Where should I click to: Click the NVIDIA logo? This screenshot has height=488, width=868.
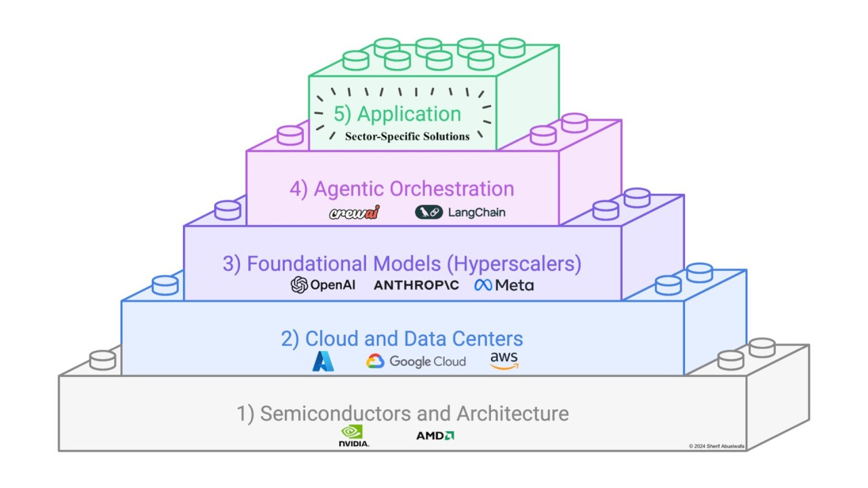click(x=354, y=436)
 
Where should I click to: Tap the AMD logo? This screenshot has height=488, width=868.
click(x=435, y=435)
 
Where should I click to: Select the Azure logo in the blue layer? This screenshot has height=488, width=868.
click(x=323, y=361)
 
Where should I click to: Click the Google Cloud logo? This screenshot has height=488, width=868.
click(x=416, y=361)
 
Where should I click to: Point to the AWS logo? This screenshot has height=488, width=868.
click(x=504, y=361)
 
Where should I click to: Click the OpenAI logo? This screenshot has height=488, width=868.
click(x=323, y=285)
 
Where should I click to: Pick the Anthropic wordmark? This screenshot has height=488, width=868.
click(x=416, y=285)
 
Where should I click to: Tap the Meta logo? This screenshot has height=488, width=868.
click(x=504, y=285)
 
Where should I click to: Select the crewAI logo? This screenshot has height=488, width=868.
click(x=355, y=213)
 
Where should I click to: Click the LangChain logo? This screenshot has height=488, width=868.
click(x=460, y=212)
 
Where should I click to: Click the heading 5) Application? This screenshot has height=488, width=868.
click(x=397, y=113)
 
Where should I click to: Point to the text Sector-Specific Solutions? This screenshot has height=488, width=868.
click(x=407, y=136)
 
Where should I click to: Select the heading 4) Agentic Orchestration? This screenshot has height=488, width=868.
click(x=401, y=188)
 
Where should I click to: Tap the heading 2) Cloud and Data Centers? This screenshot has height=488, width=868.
click(x=402, y=338)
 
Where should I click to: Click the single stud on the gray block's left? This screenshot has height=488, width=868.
click(x=102, y=359)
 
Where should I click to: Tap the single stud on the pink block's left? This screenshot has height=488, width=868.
click(x=290, y=135)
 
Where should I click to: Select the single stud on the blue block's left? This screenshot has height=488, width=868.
click(x=165, y=284)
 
